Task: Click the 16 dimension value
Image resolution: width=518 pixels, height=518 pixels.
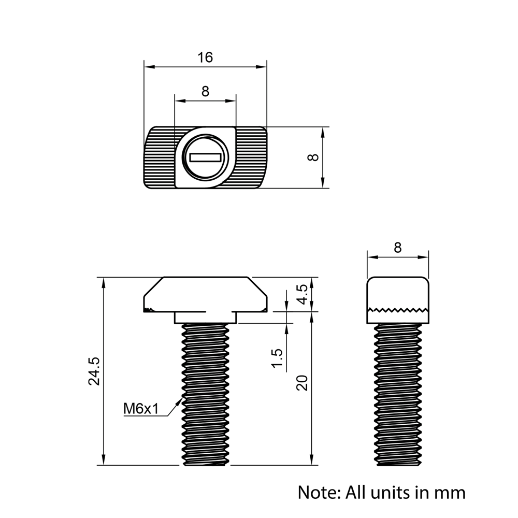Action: pyautogui.click(x=205, y=57)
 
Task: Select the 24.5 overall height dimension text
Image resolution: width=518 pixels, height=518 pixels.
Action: pyautogui.click(x=94, y=371)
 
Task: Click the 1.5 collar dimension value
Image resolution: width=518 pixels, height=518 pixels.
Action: pyautogui.click(x=277, y=359)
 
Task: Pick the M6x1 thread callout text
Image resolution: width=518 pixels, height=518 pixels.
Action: pyautogui.click(x=140, y=409)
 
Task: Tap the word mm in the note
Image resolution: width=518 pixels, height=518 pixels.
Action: pyautogui.click(x=450, y=492)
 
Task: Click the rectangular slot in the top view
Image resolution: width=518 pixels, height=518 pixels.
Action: pyautogui.click(x=206, y=157)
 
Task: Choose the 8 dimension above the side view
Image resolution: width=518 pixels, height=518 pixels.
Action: pyautogui.click(x=397, y=248)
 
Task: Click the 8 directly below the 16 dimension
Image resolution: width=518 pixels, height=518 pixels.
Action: pyautogui.click(x=205, y=92)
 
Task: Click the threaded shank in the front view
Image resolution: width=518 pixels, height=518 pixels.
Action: pyautogui.click(x=205, y=394)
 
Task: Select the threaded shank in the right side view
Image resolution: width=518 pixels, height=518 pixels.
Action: pyautogui.click(x=398, y=394)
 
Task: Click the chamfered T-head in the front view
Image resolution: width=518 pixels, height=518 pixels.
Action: pyautogui.click(x=205, y=294)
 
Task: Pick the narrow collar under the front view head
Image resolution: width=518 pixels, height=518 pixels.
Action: pyautogui.click(x=205, y=317)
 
